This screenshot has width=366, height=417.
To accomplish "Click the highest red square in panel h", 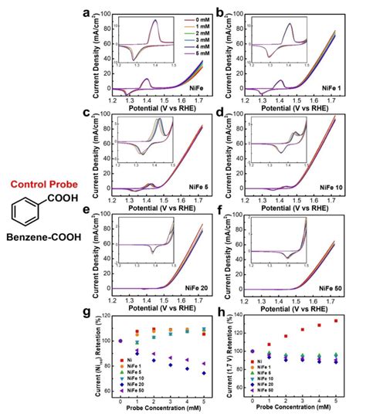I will (336, 320).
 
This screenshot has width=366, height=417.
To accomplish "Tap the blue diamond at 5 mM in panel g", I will (204, 373).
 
